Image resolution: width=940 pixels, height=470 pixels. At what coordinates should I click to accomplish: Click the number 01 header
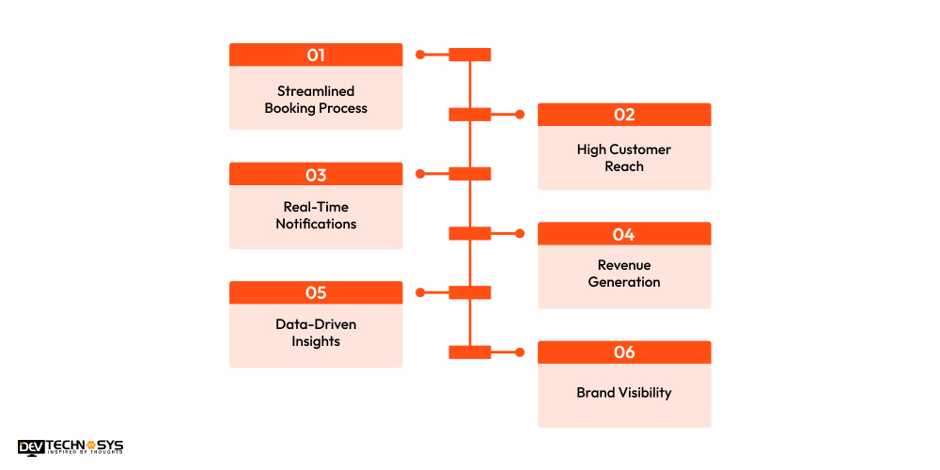pos(316,55)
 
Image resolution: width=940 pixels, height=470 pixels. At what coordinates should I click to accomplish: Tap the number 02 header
pos(624,115)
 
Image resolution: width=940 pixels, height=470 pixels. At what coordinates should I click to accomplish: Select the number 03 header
pos(316,174)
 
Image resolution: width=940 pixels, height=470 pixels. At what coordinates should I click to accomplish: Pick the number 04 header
pos(624,234)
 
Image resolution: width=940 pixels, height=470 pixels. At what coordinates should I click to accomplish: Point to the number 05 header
pos(316,292)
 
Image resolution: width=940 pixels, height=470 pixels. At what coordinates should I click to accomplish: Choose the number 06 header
pos(624,352)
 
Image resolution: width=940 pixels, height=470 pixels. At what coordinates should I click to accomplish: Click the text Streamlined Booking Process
pos(316,100)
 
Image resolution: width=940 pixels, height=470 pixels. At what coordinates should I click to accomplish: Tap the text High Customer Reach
pos(624,158)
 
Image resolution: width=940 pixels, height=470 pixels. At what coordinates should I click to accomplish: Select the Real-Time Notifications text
pos(316,215)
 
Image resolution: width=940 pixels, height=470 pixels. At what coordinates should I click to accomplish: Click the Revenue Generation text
pos(624,274)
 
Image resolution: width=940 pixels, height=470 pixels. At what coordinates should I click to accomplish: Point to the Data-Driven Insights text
pos(316,333)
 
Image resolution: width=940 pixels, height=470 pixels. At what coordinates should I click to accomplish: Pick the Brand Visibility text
pos(624,393)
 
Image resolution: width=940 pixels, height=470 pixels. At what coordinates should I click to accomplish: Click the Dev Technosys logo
pos(70,447)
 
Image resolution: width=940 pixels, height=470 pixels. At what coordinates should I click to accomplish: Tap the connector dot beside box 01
pos(420,55)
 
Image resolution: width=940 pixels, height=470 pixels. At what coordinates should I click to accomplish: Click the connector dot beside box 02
pos(520,115)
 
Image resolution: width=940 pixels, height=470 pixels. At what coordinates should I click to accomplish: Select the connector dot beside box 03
pos(420,174)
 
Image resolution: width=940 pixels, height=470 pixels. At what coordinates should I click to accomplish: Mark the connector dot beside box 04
pos(520,233)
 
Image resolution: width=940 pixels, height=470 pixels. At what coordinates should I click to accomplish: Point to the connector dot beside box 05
pos(420,292)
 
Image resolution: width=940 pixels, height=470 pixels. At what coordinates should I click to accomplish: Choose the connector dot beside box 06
pos(520,352)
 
